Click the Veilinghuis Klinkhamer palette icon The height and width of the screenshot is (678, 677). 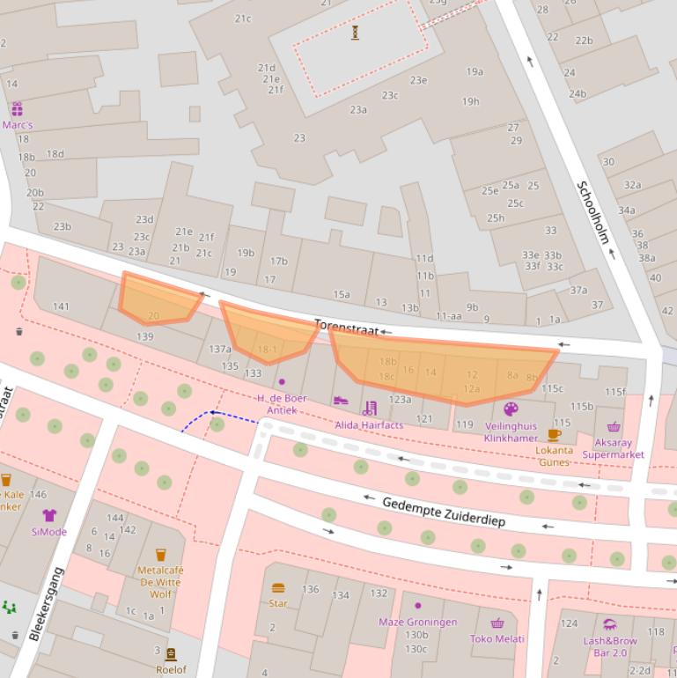[x=511, y=409]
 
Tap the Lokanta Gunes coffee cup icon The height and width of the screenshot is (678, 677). [x=554, y=434]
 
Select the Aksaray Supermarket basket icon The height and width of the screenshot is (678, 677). [x=614, y=427]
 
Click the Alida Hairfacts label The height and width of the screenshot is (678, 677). [x=369, y=424]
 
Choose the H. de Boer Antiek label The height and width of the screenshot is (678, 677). [x=282, y=403]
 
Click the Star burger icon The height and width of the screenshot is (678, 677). [x=278, y=587]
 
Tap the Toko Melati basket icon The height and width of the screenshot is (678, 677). [x=497, y=623]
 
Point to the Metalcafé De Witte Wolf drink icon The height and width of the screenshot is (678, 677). [x=160, y=555]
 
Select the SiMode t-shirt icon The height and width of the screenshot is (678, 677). [x=49, y=515]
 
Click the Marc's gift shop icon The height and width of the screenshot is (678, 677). [x=17, y=109]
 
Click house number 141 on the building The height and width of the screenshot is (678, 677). [x=61, y=306]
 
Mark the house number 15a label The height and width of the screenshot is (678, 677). [x=341, y=295]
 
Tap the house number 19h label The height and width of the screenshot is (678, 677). [x=471, y=101]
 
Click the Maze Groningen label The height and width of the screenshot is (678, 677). [x=417, y=622]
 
